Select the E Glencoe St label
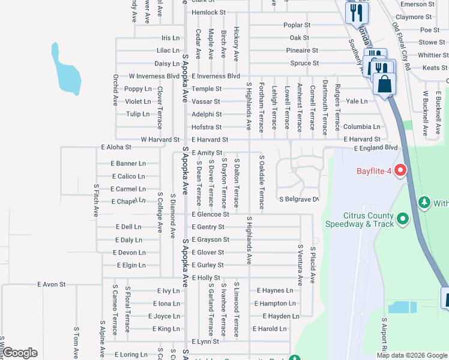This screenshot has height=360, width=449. [x=210, y=214]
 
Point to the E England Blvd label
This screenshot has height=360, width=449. [x=376, y=148]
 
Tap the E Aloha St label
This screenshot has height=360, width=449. [x=116, y=147]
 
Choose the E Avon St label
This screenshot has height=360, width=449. [x=51, y=284]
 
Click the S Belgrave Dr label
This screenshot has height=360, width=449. [x=298, y=199]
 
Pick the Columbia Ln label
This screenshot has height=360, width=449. [x=361, y=127]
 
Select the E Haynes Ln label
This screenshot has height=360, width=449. [x=275, y=290]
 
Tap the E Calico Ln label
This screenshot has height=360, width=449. [x=128, y=176]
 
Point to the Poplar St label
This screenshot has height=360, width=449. [x=297, y=25]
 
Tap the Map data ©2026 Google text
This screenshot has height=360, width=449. [x=411, y=355]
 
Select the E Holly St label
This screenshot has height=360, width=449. [x=206, y=278]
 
